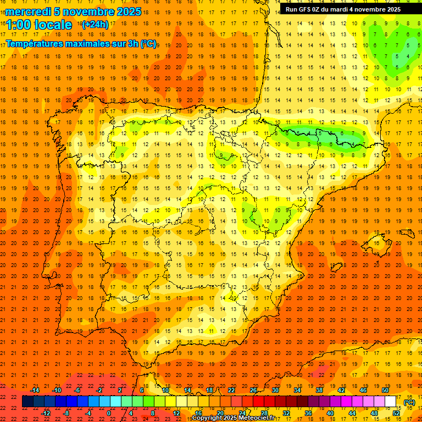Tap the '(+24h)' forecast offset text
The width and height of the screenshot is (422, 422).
[x=95, y=25]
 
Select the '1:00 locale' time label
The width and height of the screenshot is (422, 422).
[x=39, y=25]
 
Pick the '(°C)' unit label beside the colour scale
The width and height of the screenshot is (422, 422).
[x=409, y=402]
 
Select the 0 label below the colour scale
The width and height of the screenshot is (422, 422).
[x=109, y=413]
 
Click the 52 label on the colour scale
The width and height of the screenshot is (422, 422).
[x=396, y=413]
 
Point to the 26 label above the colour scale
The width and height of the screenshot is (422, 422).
[x=253, y=390]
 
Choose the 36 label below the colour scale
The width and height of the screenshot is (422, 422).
[x=308, y=413]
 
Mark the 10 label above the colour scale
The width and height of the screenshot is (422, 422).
[x=165, y=390]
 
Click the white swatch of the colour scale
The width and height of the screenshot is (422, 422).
[x=391, y=402]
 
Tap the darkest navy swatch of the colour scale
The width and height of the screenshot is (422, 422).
[x=27, y=402]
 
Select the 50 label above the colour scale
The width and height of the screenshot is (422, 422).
[x=385, y=390]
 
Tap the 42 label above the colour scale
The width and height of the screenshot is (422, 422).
[x=341, y=390]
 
